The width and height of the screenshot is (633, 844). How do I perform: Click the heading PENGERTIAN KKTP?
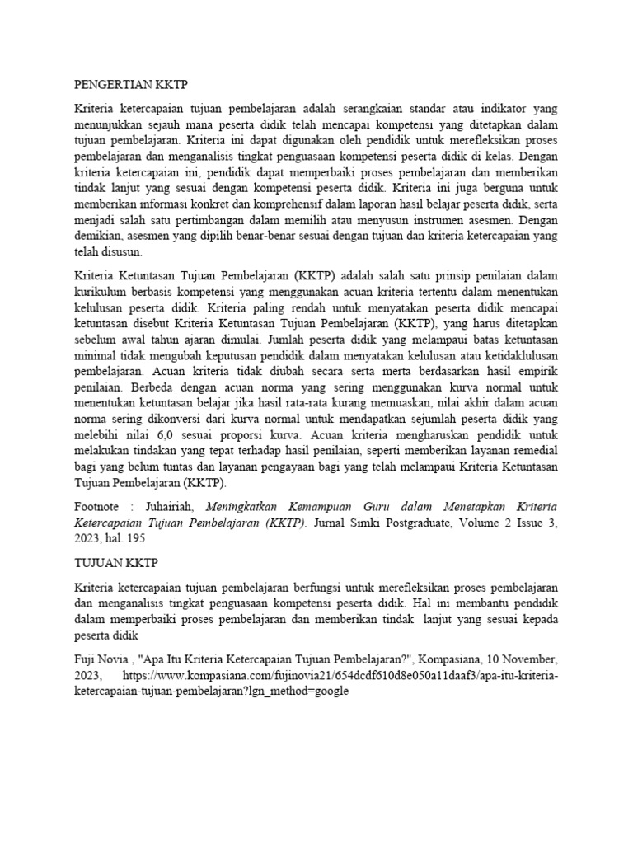[x=131, y=84]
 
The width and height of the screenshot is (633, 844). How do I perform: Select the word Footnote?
[x=97, y=507]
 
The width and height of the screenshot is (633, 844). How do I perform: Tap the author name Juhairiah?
[x=172, y=507]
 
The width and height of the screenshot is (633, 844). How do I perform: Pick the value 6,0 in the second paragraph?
[x=179, y=435]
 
